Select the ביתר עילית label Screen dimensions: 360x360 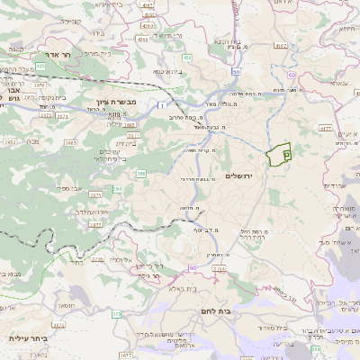point(28,338)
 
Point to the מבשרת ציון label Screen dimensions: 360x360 point(114,103)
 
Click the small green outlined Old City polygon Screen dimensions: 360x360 point(280,155)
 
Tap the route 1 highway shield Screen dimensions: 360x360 point(158,106)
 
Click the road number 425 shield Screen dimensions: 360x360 point(40,67)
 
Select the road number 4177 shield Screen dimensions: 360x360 point(326,129)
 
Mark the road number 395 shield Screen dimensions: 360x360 point(118,189)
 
